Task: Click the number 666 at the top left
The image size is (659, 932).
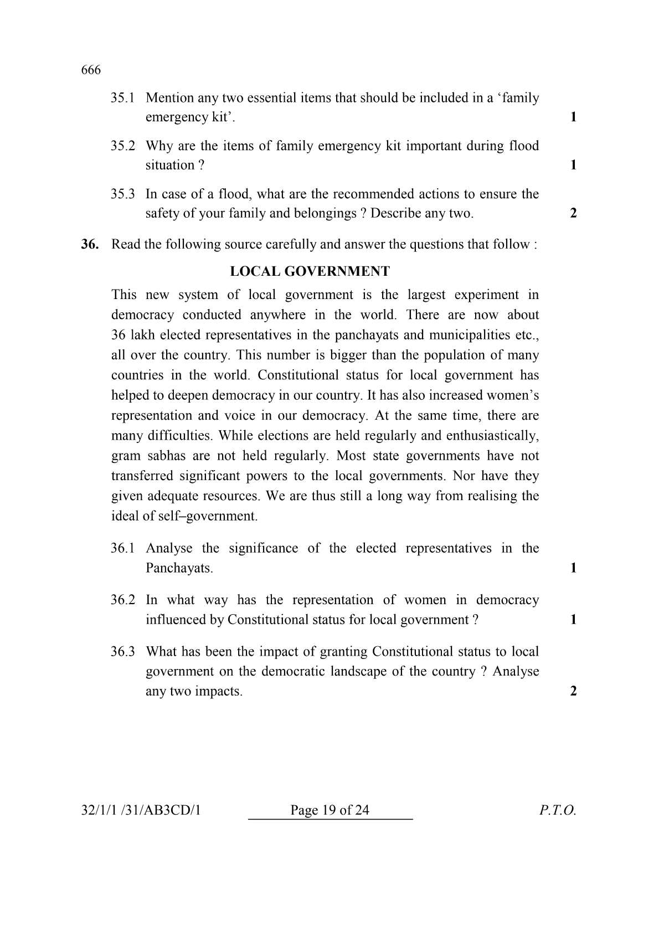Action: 91,70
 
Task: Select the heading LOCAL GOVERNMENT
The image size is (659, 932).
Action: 310,271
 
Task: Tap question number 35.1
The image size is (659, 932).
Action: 122,98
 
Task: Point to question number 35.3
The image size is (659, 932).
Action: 122,194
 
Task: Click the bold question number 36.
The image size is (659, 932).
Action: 90,244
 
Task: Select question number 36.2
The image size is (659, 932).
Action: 122,600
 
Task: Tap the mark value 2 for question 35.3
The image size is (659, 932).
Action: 573,213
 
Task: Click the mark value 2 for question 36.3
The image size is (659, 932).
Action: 573,691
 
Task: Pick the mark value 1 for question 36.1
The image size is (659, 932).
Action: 573,568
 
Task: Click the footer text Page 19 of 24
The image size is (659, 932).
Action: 329,810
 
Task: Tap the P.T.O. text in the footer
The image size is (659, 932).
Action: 558,810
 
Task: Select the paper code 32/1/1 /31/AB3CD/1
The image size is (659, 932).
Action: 141,810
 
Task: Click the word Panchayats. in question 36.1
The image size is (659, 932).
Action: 179,568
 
